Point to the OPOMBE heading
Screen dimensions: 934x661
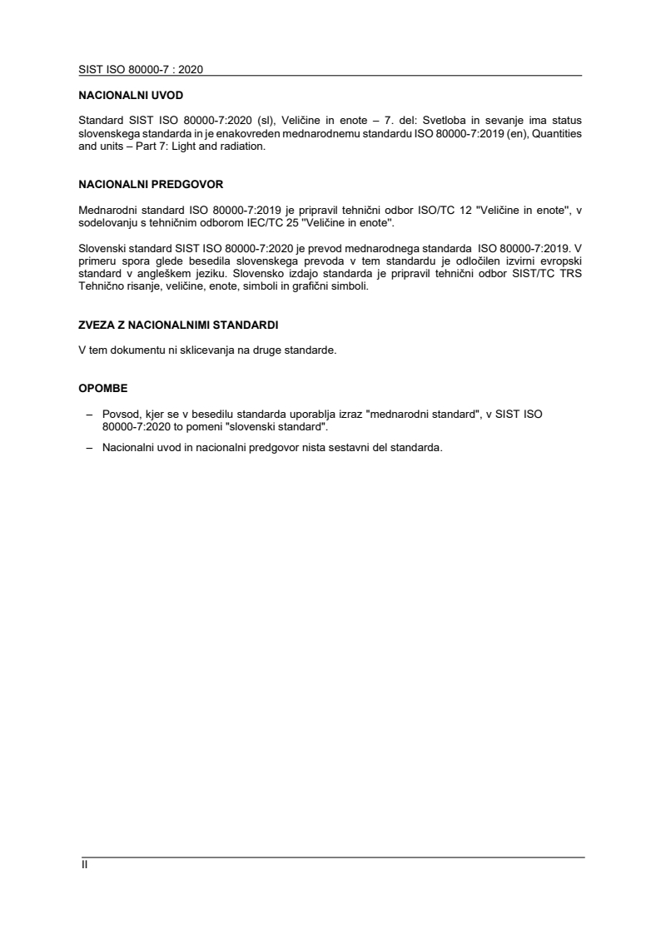[x=102, y=387]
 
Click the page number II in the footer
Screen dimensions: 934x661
[x=83, y=865]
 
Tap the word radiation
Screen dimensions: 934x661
[x=240, y=145]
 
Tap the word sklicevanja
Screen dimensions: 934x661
[x=208, y=351]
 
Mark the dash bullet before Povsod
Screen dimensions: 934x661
[x=89, y=414]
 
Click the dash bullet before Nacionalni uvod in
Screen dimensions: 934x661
[x=89, y=447]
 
